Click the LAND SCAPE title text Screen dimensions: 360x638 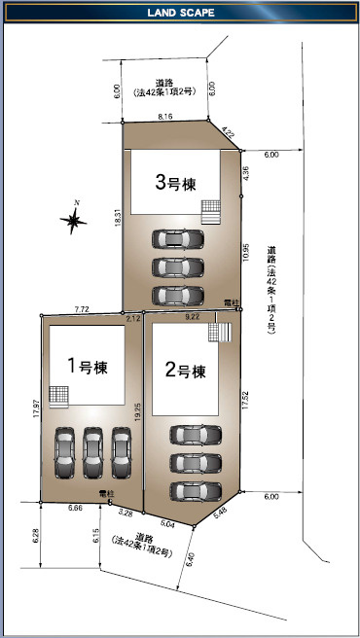pos(181,13)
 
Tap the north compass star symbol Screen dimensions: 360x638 pos(73,220)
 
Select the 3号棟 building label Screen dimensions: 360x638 pos(175,184)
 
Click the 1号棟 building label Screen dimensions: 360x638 pos(88,367)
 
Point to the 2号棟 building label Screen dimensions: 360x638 pos(185,371)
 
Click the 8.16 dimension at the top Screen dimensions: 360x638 pos(165,117)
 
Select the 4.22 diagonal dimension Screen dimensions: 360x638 pos(228,132)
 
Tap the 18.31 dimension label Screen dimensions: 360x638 pos(119,218)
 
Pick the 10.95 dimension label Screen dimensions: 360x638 pos(245,252)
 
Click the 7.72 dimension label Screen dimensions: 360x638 pos(82,309)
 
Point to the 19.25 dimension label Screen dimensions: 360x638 pos(138,411)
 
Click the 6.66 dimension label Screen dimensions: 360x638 pos(76,509)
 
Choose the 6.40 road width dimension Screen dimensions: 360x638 pos(190,559)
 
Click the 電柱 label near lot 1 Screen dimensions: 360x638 pos(107,494)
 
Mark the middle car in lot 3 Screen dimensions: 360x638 pos(178,267)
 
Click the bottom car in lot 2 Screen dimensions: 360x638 pos(196,491)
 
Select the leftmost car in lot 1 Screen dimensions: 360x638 pos(65,452)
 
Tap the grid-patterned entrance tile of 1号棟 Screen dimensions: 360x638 pos(58,395)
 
